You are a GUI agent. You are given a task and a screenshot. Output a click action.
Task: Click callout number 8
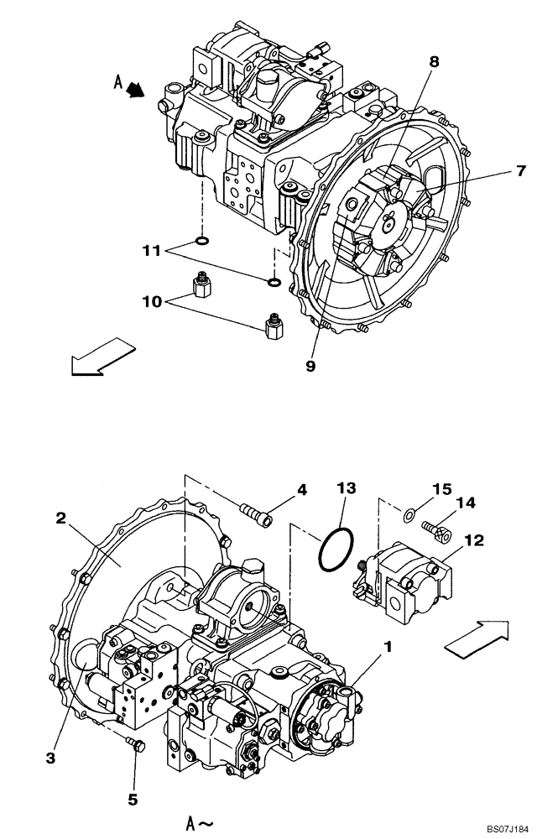(x=434, y=62)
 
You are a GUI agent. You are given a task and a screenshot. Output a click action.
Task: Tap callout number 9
(x=310, y=367)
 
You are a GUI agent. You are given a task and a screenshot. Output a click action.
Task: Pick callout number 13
(x=347, y=488)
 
